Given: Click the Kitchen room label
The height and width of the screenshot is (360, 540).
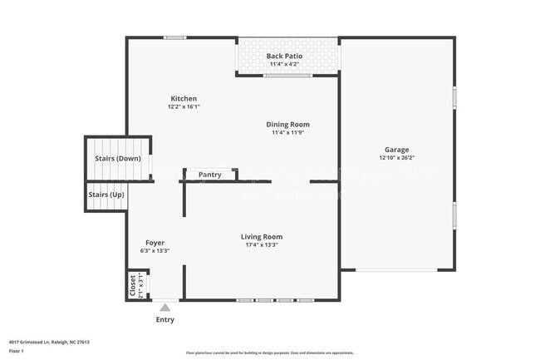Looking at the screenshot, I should click(x=184, y=99).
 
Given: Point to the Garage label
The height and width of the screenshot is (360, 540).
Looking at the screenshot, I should click(x=396, y=149).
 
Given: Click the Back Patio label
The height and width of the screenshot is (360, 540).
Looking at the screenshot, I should click(x=284, y=57).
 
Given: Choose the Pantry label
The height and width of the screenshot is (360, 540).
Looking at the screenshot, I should click(x=209, y=175).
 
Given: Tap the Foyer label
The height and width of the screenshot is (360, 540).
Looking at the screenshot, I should click(x=155, y=243).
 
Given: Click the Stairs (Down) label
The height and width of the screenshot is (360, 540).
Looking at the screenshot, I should click(x=117, y=158).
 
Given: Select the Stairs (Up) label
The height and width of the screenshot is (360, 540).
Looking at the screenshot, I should click(x=106, y=195).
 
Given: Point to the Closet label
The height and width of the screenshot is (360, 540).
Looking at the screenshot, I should click(x=133, y=286).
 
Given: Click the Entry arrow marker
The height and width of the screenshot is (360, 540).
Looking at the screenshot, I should click(x=164, y=308).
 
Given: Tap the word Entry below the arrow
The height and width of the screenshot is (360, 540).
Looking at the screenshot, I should click(x=165, y=320).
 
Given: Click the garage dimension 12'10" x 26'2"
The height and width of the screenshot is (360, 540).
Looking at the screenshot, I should click(x=396, y=157).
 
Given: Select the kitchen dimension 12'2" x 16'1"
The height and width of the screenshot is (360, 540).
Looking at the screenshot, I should click(x=184, y=106).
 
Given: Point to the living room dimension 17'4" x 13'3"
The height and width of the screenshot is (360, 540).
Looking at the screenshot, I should click(x=262, y=244).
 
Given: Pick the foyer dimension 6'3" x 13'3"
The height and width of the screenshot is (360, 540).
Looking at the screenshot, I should click(x=155, y=250).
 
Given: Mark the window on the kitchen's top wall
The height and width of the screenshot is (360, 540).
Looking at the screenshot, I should click(x=174, y=37).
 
